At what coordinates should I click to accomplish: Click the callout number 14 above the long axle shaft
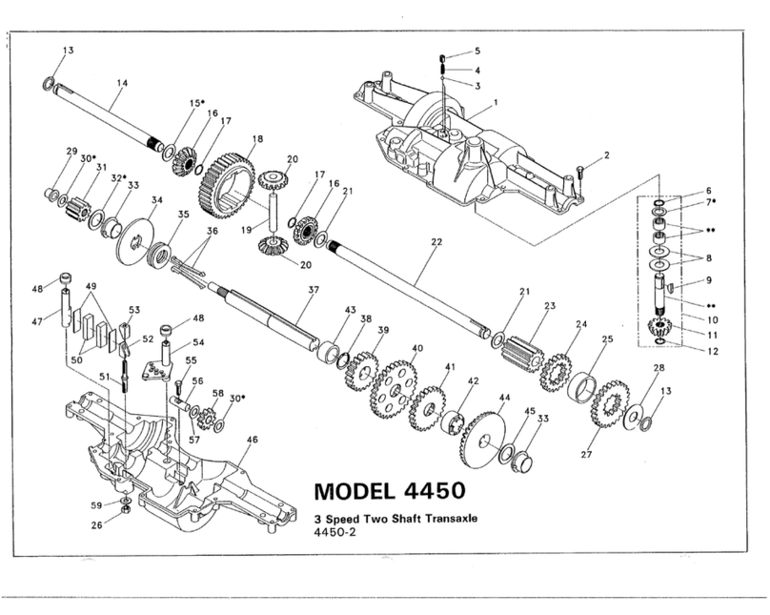120,84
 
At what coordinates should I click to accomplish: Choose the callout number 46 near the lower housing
252,441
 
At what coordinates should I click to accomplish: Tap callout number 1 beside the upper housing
496,102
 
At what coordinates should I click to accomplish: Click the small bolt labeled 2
579,173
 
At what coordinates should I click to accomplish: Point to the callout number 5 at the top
477,50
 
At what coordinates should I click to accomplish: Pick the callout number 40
416,349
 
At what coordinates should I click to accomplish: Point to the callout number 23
549,306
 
